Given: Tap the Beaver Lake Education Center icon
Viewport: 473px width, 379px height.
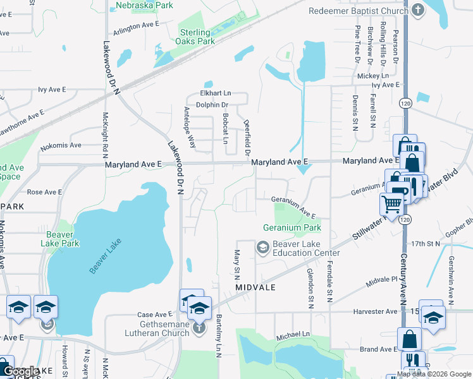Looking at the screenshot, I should (x=262, y=248).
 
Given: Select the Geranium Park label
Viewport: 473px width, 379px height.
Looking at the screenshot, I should (x=292, y=227).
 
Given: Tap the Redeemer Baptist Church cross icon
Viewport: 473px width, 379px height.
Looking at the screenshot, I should (x=417, y=11).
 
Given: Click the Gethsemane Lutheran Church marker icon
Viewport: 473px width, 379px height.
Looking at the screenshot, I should (x=199, y=327).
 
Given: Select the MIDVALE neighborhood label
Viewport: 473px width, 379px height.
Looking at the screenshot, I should (x=255, y=287).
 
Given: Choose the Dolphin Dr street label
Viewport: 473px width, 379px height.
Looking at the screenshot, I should (x=212, y=105).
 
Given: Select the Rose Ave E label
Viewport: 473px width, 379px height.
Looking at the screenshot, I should (x=44, y=192).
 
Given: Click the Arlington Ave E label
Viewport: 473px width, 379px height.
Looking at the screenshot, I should (x=135, y=25).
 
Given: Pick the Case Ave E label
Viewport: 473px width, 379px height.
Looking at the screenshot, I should (x=155, y=315).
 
